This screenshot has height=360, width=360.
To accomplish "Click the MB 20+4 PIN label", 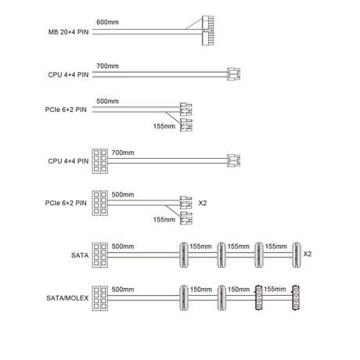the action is click(x=68, y=32).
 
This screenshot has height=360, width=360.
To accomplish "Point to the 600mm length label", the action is click(x=107, y=22).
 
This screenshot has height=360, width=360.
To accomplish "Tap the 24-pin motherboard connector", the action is click(x=208, y=31).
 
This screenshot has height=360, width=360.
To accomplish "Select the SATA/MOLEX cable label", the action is click(x=67, y=298).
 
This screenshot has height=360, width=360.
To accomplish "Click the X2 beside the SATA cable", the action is click(x=308, y=254).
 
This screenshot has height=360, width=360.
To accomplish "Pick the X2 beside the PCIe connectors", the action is click(x=203, y=203).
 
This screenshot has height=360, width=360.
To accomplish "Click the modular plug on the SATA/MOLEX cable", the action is click(x=100, y=298).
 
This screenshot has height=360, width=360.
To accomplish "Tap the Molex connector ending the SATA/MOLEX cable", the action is click(x=296, y=297).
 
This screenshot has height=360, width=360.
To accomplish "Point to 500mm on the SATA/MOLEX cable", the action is click(x=123, y=290).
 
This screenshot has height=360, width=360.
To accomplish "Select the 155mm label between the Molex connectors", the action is click(x=275, y=289).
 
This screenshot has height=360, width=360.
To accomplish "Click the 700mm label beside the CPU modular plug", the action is click(x=123, y=153).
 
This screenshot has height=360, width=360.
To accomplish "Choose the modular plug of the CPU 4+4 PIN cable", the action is click(x=100, y=161).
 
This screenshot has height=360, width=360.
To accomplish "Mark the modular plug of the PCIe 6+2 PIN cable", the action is click(x=100, y=203).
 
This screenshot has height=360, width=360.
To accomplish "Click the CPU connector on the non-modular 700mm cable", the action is click(x=233, y=74).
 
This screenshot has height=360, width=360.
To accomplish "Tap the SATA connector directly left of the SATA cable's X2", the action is click(x=296, y=254).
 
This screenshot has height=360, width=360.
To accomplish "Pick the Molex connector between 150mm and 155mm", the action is click(x=258, y=297).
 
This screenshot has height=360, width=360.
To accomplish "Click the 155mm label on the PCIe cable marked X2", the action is click(x=164, y=220).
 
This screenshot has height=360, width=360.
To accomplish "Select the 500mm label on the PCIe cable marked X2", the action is click(x=123, y=195).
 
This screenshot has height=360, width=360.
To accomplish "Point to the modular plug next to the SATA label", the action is click(x=100, y=255).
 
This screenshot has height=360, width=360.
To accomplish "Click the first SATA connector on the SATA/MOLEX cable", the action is click(x=184, y=297).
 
